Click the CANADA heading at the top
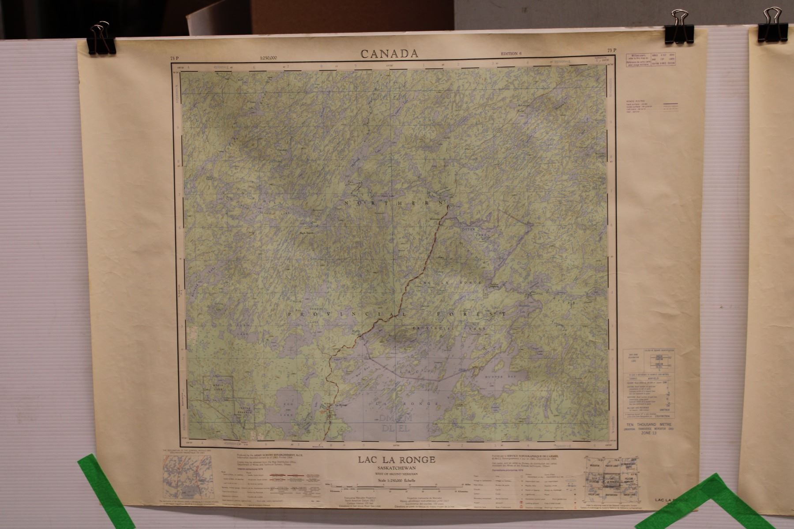click(x=390, y=54)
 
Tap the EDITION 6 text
click(x=511, y=54)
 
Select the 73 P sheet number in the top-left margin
click(x=175, y=58)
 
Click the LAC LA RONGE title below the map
click(x=397, y=460)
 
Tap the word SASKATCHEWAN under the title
click(x=397, y=468)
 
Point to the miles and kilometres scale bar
click(x=397, y=486)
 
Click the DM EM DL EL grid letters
click(x=394, y=422)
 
